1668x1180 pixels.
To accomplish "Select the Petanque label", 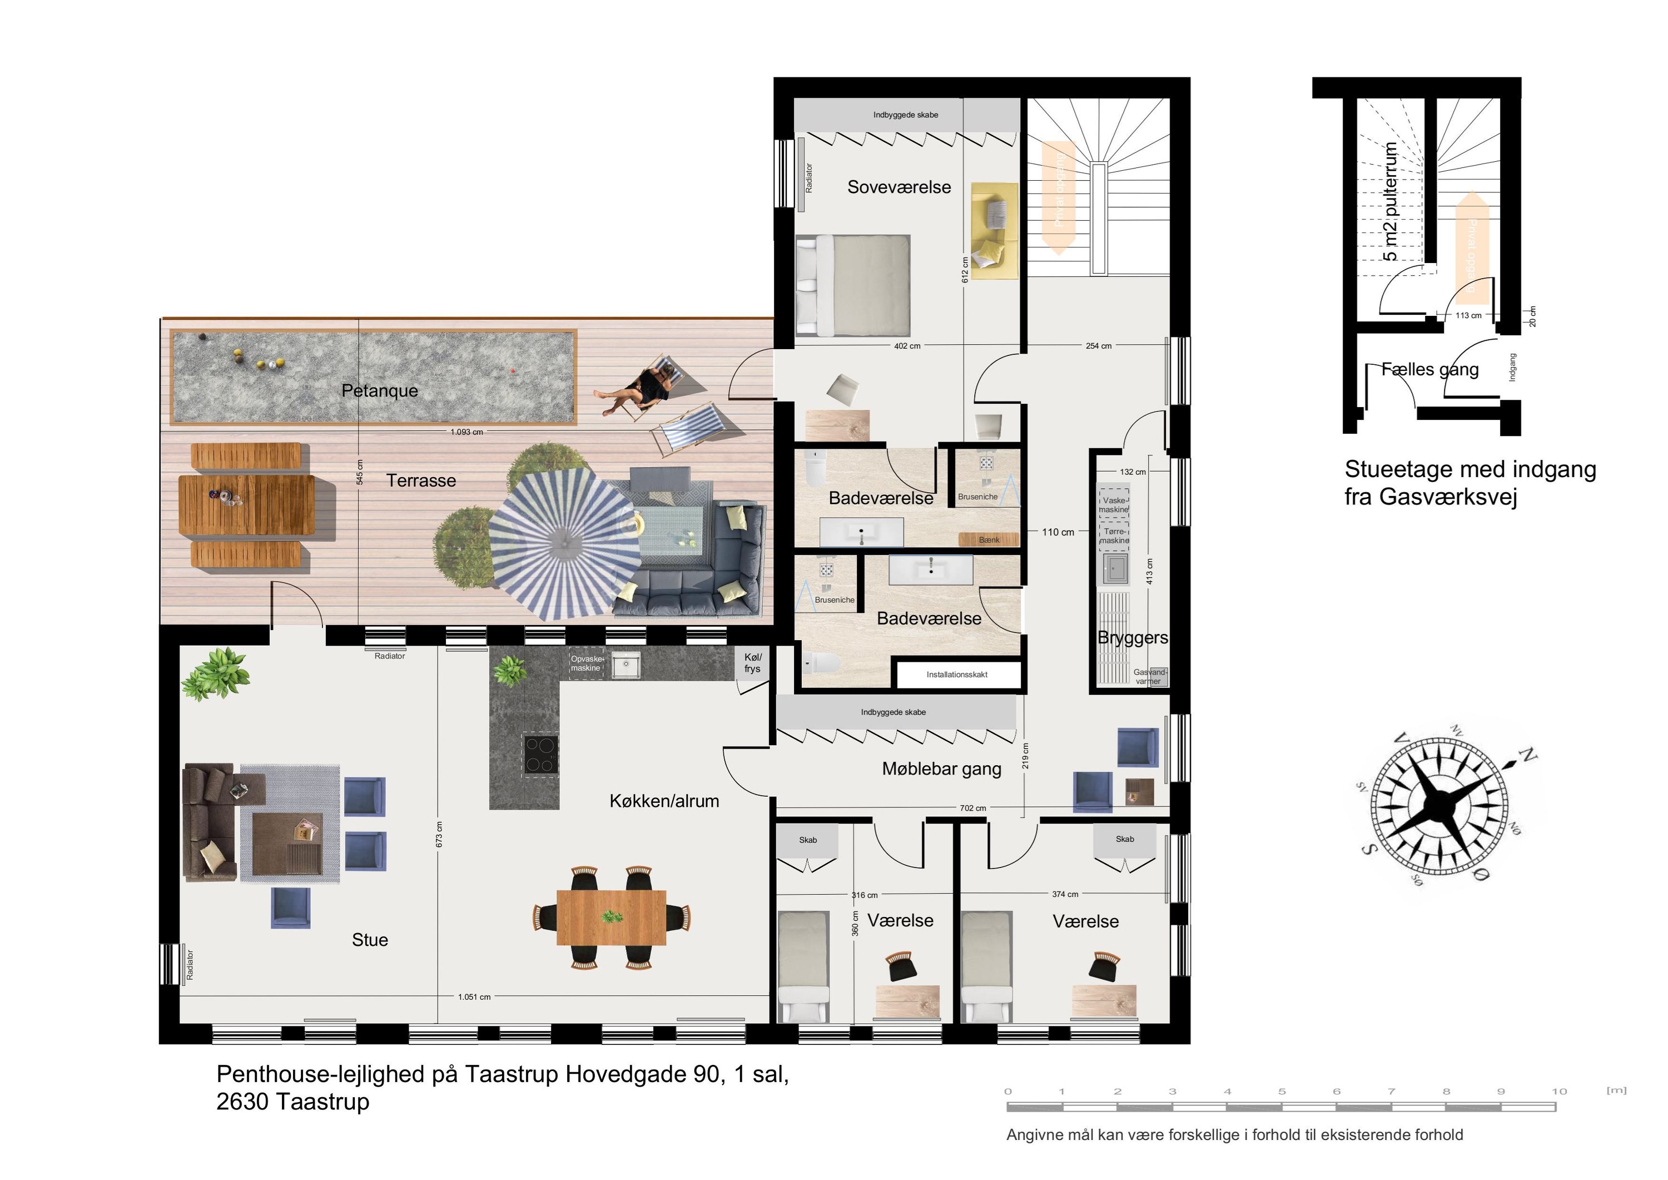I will click(x=379, y=390).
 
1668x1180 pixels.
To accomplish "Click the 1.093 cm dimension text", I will click(x=466, y=432).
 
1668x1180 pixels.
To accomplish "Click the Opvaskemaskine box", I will click(x=586, y=663).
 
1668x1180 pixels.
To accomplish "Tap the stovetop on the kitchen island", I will click(x=541, y=754).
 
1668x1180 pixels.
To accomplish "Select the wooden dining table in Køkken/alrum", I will click(x=611, y=917).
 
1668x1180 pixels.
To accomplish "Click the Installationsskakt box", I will click(x=957, y=675).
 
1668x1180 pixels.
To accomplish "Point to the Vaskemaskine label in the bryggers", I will click(x=1114, y=505).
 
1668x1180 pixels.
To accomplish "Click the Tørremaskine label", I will click(x=1114, y=536).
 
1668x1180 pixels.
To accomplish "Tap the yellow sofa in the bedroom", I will click(x=994, y=230).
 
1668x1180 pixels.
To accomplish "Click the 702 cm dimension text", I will click(x=973, y=808).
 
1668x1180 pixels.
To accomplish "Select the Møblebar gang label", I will click(x=941, y=769).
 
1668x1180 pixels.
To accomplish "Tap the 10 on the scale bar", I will click(x=1559, y=1092).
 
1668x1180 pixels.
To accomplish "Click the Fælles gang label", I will click(x=1429, y=369).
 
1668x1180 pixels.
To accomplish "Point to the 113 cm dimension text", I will click(x=1468, y=315).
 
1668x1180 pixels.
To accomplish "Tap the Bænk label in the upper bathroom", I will click(x=989, y=540).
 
